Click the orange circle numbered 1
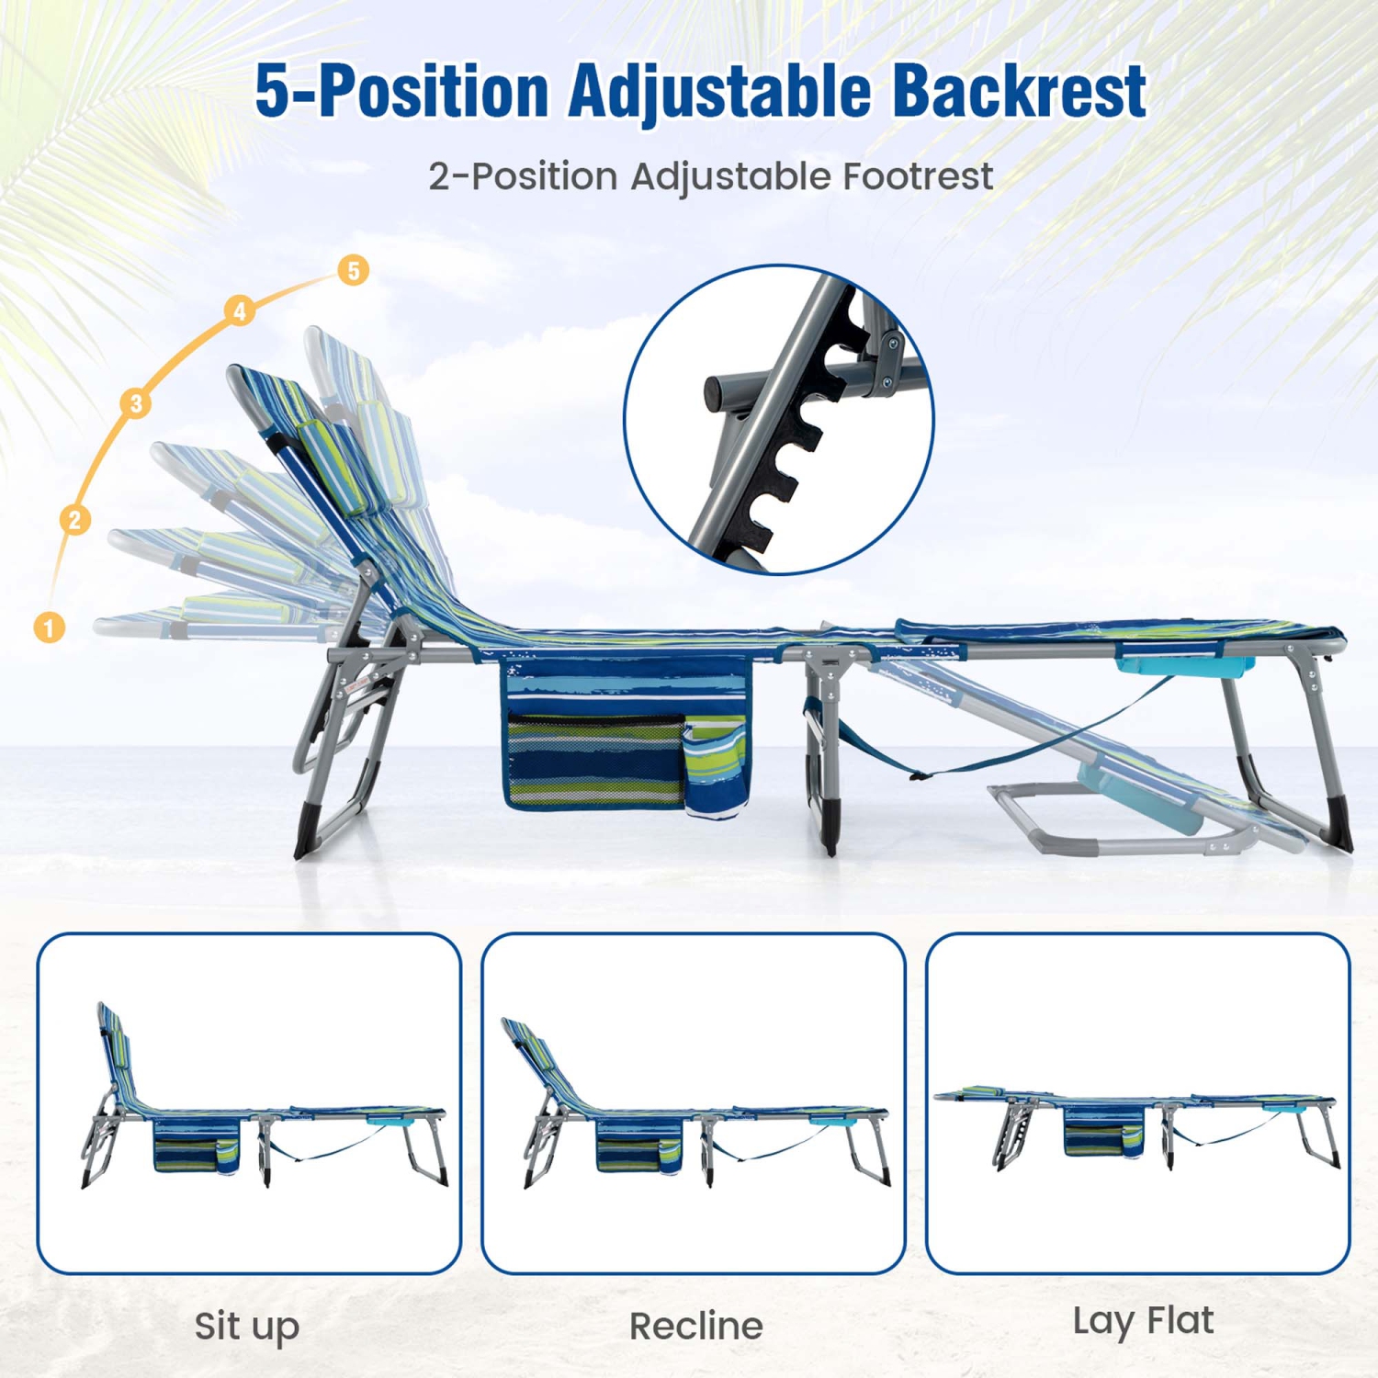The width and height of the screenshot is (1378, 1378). tap(50, 627)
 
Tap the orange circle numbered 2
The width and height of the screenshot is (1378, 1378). tap(75, 520)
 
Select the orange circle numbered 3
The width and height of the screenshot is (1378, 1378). tap(136, 402)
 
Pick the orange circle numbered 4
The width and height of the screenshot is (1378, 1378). tap(240, 311)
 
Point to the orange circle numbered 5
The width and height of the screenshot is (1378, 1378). tap(354, 270)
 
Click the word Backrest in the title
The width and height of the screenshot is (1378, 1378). tap(1019, 91)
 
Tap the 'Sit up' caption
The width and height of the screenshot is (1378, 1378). tap(247, 1326)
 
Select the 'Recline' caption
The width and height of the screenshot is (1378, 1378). tap(695, 1326)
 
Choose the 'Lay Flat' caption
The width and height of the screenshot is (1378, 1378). tap(1143, 1321)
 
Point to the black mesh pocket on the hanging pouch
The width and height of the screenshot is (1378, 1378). tap(595, 758)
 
